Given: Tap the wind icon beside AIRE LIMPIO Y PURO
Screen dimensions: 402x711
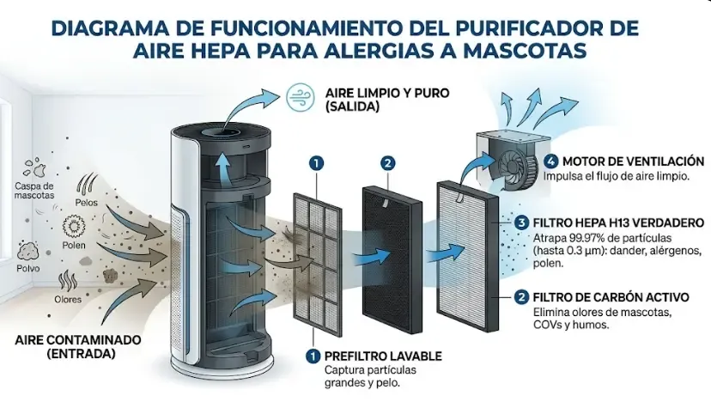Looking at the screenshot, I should (299, 94).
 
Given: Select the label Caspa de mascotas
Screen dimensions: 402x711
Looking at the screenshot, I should (34, 191).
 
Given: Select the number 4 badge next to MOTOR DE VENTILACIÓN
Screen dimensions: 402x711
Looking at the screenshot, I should (550, 161).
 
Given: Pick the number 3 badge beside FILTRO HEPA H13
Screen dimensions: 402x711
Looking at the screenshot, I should (521, 222).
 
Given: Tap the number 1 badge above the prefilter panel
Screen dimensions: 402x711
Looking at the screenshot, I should (317, 162).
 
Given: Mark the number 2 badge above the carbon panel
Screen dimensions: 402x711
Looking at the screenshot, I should (388, 162).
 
